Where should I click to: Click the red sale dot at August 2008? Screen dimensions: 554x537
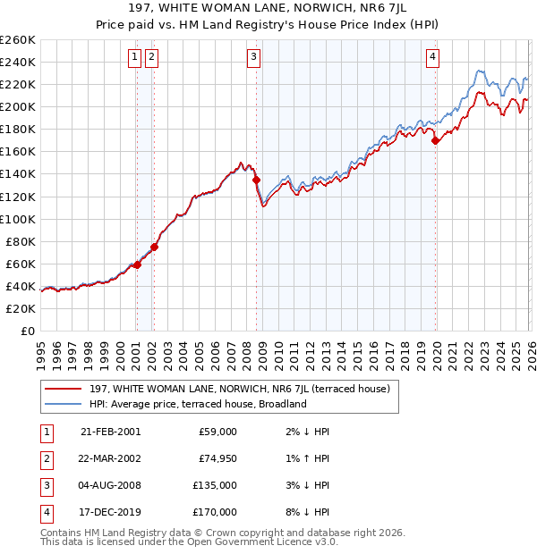pos(256,180)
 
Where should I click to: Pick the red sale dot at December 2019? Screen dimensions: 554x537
pos(435,140)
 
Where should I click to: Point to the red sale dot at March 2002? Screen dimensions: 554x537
pos(154,247)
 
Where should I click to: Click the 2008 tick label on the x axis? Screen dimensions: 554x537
pos(246,348)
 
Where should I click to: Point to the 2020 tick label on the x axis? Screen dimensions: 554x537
pos(436,348)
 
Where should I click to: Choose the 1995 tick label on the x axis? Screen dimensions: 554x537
pos(41,348)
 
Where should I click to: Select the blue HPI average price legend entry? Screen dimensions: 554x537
pos(198,404)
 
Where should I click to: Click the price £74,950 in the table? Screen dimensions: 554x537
pos(217,458)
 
